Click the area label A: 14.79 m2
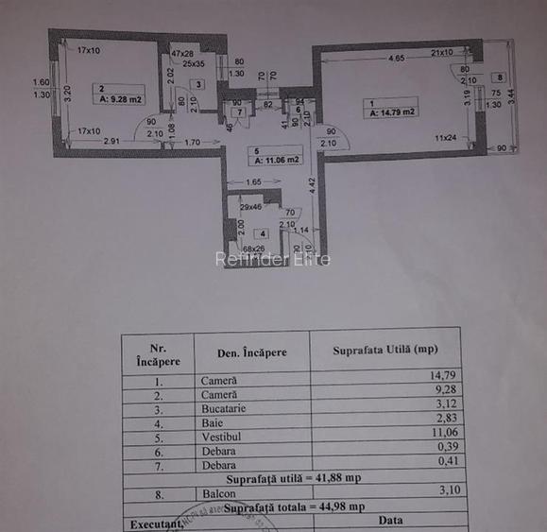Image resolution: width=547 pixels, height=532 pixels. coord(394,112)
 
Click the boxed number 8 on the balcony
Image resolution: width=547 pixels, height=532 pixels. coord(498,77)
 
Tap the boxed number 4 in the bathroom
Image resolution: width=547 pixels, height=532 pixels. coord(264,232)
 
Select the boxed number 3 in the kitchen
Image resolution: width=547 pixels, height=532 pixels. coord(197,84)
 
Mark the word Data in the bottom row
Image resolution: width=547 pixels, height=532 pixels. coord(389,520)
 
